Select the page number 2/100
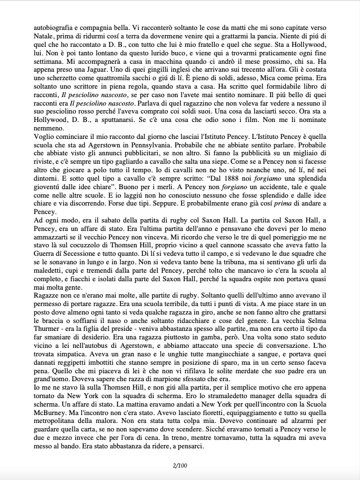click(180, 464)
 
